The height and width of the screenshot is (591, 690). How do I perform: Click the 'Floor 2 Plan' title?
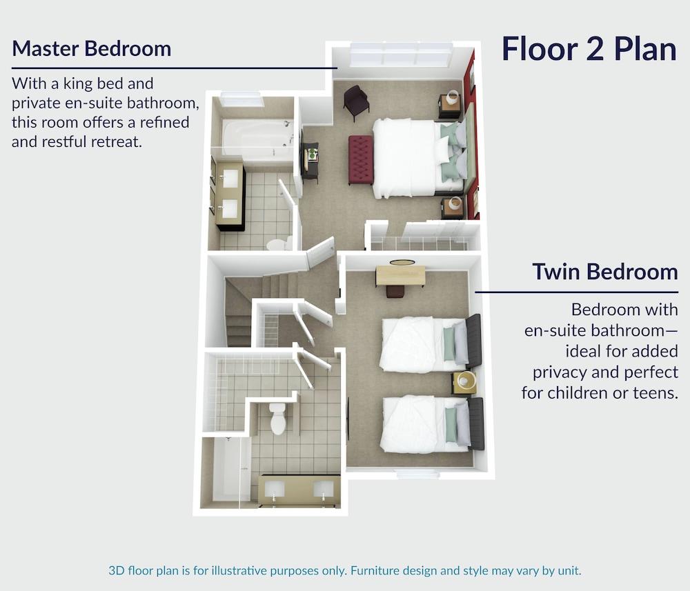(589, 49)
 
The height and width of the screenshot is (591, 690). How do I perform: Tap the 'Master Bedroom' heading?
(92, 48)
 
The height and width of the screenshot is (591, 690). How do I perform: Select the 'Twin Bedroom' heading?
(605, 271)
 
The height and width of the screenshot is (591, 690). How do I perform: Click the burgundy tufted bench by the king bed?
(361, 159)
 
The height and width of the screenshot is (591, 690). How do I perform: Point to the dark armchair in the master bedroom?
(356, 101)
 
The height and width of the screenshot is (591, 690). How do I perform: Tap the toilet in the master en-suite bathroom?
(279, 243)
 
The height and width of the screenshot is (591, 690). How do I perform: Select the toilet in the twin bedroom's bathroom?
(278, 418)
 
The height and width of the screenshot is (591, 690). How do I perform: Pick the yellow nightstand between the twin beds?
(464, 382)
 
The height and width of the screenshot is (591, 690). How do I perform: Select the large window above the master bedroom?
(400, 55)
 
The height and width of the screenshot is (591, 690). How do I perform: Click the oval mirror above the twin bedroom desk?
(402, 263)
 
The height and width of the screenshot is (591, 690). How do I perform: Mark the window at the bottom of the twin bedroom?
(418, 474)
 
